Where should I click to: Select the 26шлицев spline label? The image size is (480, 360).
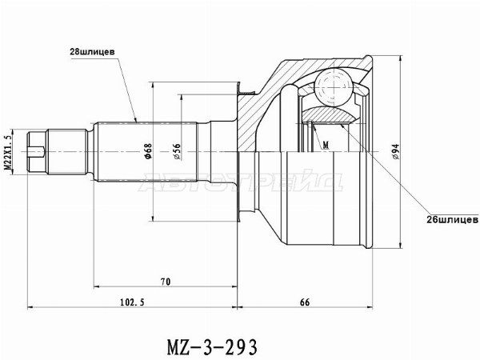coord(433,218)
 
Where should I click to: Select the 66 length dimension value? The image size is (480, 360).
coord(306,302)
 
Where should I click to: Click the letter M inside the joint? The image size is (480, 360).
coord(327,145)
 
